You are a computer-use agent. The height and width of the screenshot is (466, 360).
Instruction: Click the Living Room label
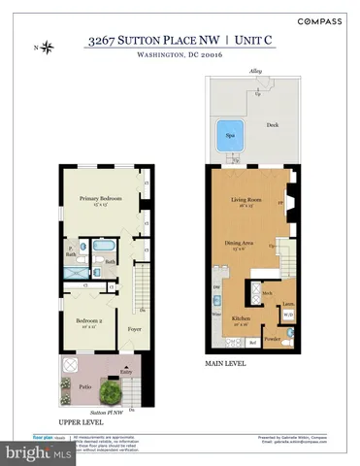click(x=246, y=201)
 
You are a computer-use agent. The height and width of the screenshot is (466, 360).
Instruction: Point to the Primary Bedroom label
click(x=97, y=199)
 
